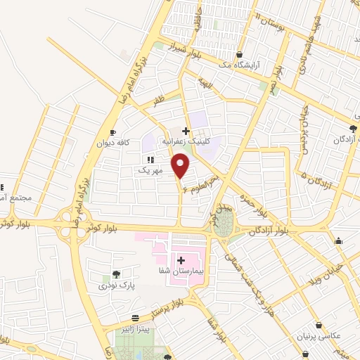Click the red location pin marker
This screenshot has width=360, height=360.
click(181, 166)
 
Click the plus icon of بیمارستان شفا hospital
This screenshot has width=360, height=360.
click(181, 261)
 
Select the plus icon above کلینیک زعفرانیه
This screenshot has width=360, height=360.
click(186, 130)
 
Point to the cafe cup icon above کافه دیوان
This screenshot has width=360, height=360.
click(112, 133)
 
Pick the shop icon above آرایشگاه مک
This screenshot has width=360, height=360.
click(240, 54)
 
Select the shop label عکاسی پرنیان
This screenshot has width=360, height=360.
click(321, 336)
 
